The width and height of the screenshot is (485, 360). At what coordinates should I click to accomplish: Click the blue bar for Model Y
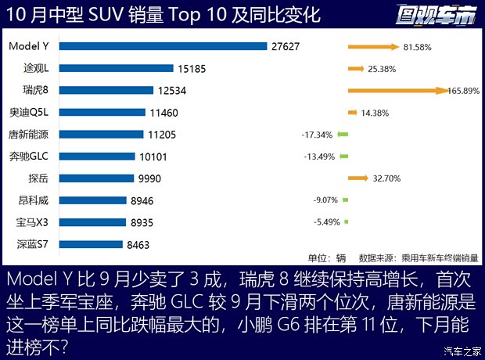tap(163, 46)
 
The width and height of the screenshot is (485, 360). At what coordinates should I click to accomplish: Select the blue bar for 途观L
tap(116, 68)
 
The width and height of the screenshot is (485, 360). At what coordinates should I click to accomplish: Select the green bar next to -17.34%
tap(343, 135)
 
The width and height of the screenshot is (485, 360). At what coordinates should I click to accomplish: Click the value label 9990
tap(149, 178)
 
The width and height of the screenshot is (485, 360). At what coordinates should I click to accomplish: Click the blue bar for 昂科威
tap(92, 200)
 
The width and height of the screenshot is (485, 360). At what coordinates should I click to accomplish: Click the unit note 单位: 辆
tap(326, 257)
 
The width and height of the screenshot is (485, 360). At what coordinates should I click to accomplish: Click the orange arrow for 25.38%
tap(356, 69)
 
